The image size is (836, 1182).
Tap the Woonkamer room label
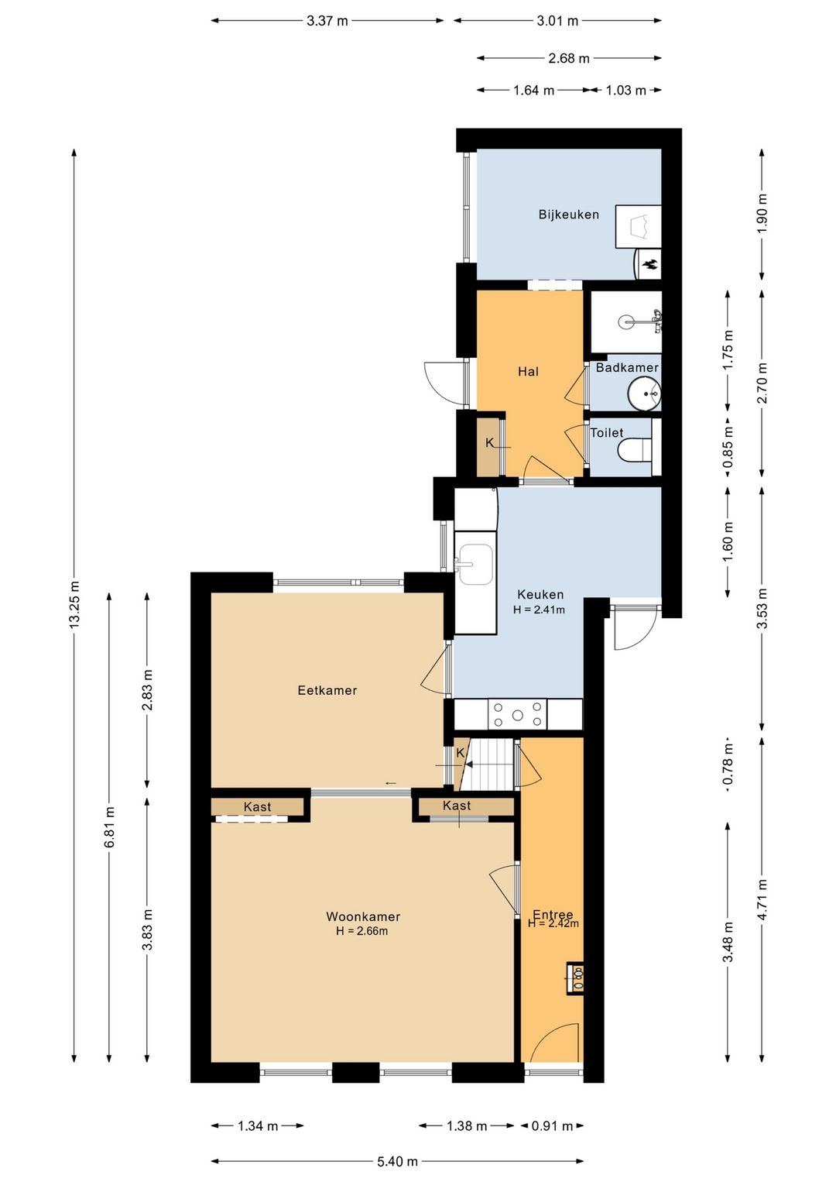[x=363, y=916]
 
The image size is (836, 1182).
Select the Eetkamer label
[x=327, y=690]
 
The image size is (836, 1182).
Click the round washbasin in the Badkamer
[x=644, y=393]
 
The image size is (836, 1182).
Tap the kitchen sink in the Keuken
[x=475, y=565]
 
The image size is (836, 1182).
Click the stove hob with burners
[x=517, y=714]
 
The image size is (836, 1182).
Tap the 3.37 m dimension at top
[x=327, y=21]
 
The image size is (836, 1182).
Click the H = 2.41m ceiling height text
[x=539, y=610]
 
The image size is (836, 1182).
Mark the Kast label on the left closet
[x=258, y=807]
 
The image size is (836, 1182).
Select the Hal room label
[x=528, y=372]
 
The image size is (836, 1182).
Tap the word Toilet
[x=607, y=433]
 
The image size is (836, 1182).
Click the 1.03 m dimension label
[x=625, y=90]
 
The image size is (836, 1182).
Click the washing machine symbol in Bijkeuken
[x=638, y=226]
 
